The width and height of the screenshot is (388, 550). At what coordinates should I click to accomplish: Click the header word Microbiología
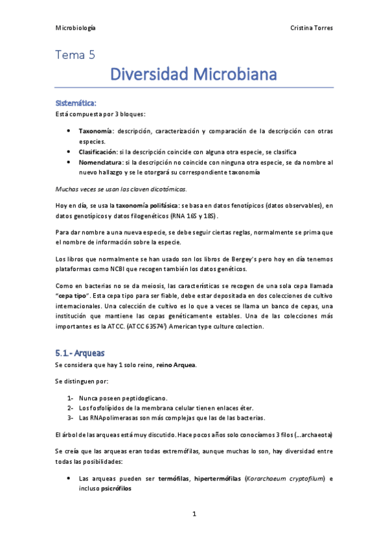tap(76, 29)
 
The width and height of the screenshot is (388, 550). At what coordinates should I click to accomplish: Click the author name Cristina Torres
tap(313, 29)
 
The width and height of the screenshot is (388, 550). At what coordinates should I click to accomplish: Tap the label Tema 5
tap(75, 56)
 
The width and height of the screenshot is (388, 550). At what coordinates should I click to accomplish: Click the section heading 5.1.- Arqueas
tap(81, 353)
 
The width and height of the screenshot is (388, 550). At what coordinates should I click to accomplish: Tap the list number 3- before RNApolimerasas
tap(70, 417)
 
